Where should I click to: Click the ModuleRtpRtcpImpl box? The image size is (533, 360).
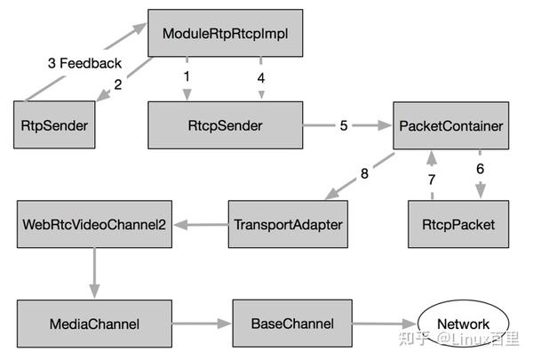[225, 33]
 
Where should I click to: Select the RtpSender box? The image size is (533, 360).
[54, 124]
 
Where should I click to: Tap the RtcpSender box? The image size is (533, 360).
[225, 125]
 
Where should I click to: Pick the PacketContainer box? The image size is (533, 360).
[450, 125]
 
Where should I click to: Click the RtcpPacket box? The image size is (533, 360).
[458, 224]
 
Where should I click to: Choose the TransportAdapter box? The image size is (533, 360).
[288, 224]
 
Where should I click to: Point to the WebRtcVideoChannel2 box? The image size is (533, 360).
[94, 224]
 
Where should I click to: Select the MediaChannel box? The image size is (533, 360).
[94, 324]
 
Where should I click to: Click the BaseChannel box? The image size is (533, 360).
[292, 324]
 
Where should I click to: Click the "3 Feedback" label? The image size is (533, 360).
[84, 63]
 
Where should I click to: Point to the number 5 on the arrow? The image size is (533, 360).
[344, 125]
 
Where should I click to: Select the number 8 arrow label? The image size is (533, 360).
[364, 173]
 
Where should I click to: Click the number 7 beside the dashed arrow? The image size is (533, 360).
[432, 180]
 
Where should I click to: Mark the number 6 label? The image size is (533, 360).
[480, 169]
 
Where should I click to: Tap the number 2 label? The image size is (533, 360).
[118, 84]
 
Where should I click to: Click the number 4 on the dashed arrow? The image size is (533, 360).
[260, 78]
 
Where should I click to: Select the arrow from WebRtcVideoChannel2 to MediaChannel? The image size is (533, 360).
[94, 273]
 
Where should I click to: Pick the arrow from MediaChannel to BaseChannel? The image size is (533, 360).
[202, 324]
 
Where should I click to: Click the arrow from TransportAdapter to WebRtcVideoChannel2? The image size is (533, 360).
[201, 225]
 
